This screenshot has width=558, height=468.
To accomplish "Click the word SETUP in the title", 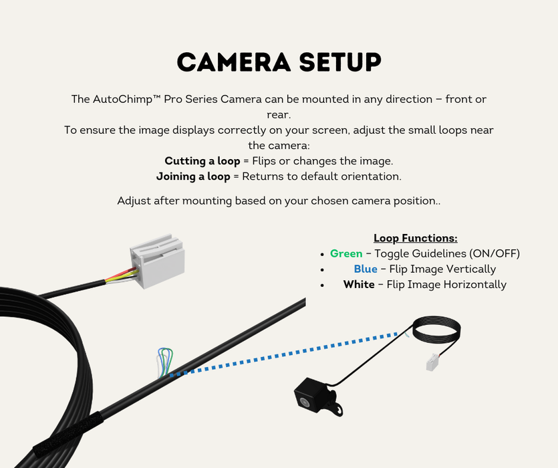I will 339,62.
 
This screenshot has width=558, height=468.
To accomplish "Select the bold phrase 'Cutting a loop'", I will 202,161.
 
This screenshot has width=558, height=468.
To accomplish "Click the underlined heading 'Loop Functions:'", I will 415,238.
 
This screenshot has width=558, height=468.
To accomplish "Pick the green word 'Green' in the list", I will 346,253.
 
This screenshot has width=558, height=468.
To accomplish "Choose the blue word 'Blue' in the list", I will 366,269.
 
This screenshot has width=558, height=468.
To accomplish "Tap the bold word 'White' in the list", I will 359,284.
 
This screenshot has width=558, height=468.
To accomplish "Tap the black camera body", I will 310,394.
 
